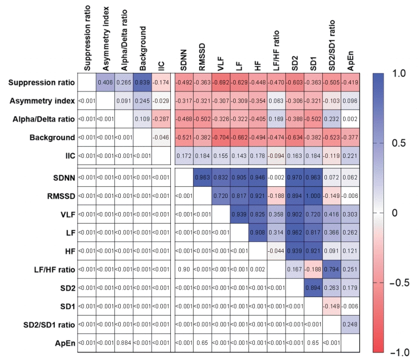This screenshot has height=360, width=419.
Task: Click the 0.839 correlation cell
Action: click(x=142, y=82)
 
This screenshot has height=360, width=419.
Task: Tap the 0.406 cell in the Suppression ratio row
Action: click(x=105, y=82)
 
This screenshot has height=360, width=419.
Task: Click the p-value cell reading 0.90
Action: click(x=183, y=269)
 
